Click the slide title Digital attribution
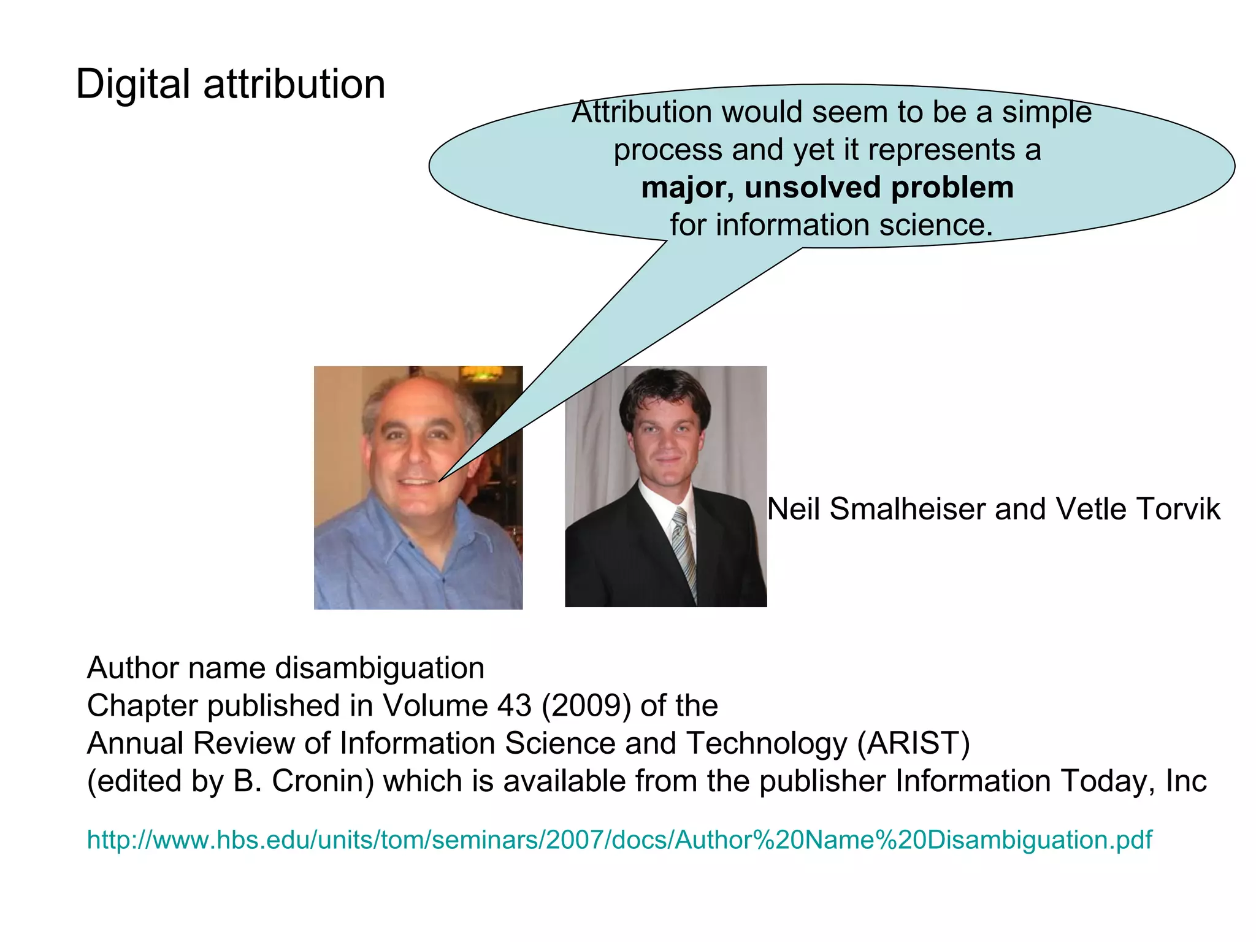coord(231,84)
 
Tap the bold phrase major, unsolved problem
coord(827,188)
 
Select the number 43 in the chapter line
coord(514,706)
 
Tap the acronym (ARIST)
coord(913,743)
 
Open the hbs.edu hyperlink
coord(619,840)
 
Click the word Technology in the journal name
coord(766,743)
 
